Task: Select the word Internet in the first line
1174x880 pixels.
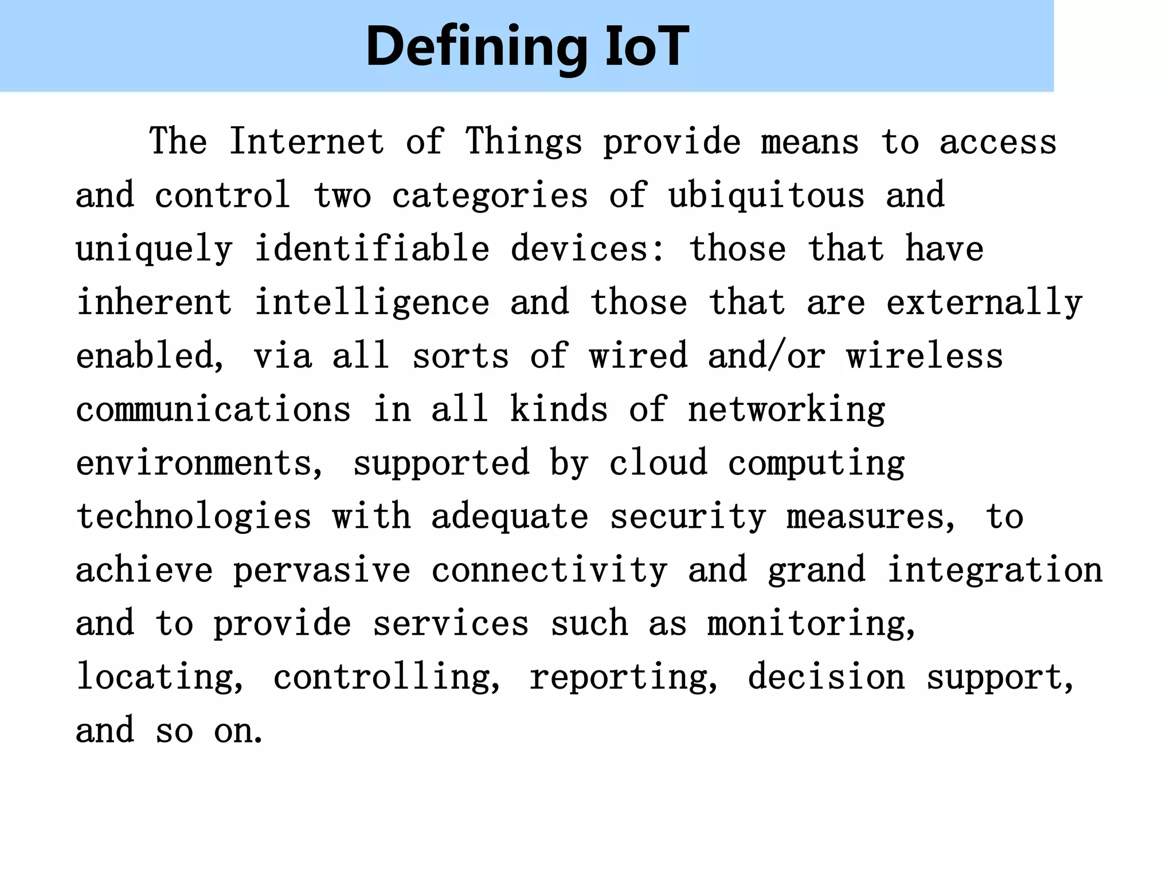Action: point(307,142)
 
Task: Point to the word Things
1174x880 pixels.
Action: point(523,143)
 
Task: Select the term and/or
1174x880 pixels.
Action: point(766,356)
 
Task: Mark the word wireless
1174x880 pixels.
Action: point(925,356)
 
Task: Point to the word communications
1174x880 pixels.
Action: point(213,410)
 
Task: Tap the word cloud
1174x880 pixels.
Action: point(658,463)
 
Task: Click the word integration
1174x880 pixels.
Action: point(995,570)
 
